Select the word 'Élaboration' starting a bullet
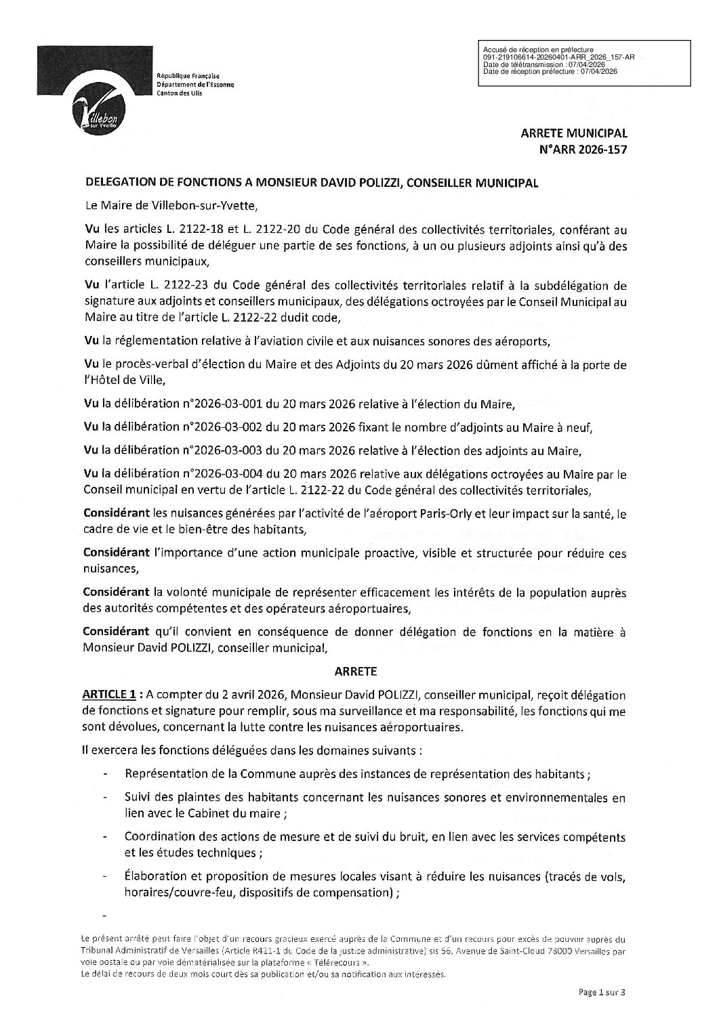[x=154, y=878]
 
